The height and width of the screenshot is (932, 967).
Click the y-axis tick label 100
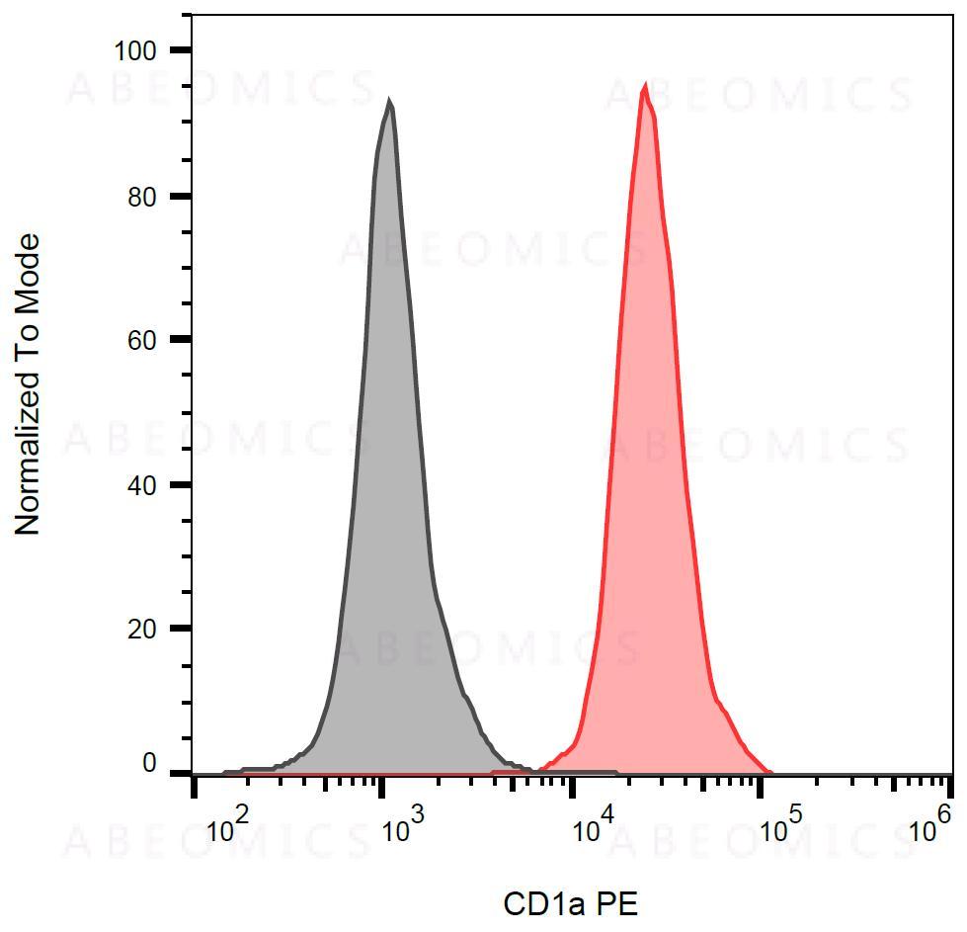[137, 50]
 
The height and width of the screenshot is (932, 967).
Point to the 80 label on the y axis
[144, 196]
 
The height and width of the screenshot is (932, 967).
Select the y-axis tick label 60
[144, 339]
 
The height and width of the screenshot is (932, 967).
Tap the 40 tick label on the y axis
[144, 484]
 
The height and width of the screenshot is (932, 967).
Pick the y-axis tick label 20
[144, 629]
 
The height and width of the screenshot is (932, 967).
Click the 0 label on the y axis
[150, 763]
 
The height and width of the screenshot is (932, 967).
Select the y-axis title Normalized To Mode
[29, 385]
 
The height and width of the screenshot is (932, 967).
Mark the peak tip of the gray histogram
[389, 101]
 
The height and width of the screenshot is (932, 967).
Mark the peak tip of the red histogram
[645, 86]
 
